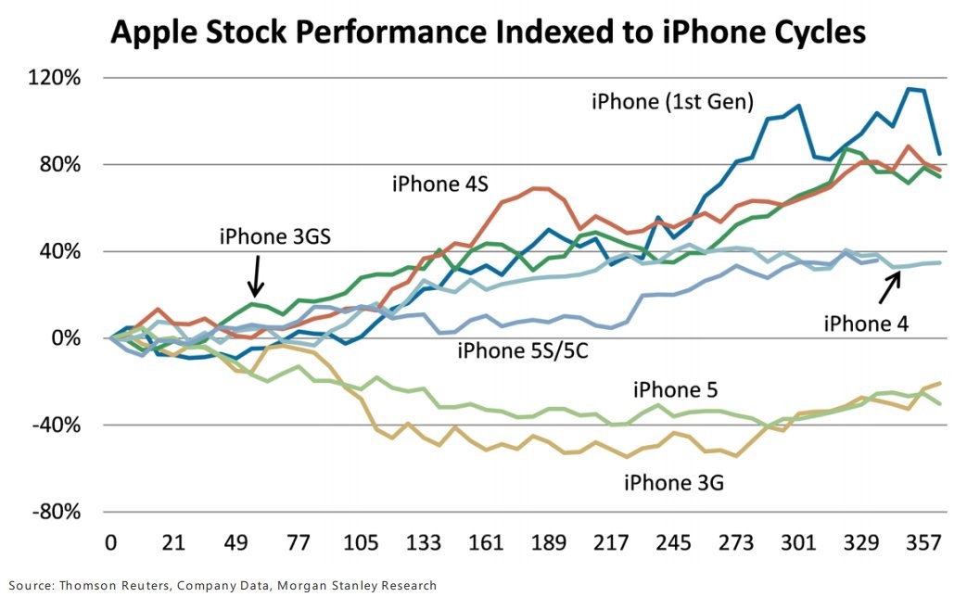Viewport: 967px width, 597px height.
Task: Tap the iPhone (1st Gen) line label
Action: (x=672, y=100)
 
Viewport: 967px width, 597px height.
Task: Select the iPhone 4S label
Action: (x=439, y=184)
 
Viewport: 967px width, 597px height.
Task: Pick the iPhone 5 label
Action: (x=676, y=388)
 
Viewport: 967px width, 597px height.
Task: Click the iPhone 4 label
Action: (x=866, y=323)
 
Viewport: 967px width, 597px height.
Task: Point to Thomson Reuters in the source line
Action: (x=115, y=585)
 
